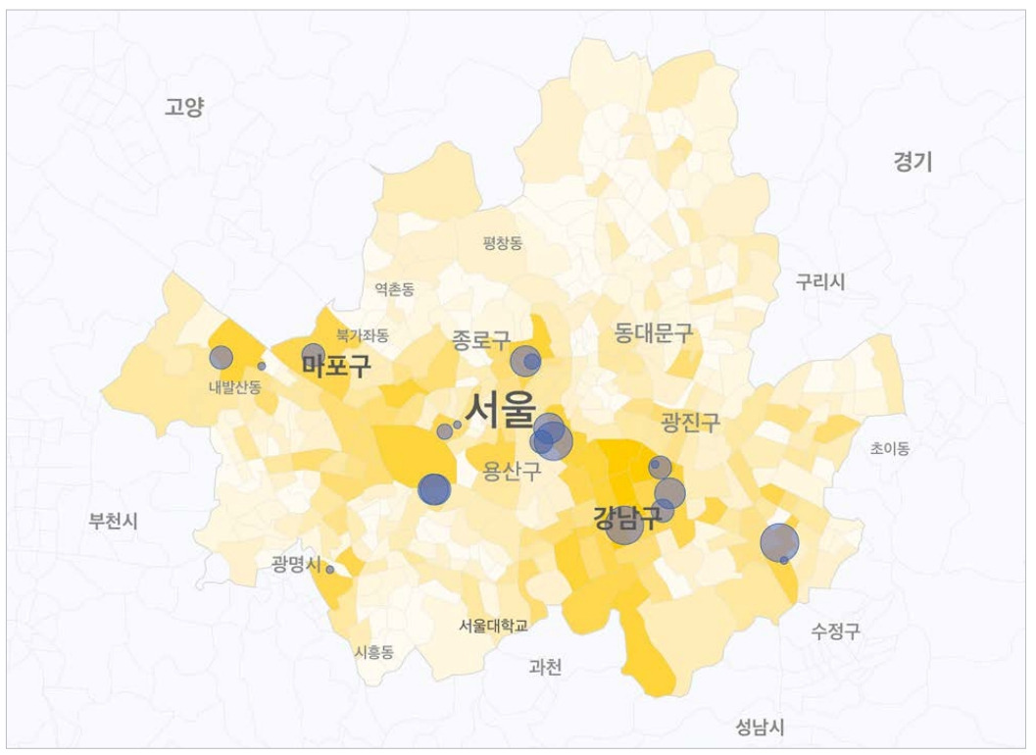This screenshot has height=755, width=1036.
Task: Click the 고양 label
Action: click(184, 107)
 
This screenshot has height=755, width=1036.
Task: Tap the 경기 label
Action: click(913, 162)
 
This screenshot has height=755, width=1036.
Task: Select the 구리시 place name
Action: click(820, 281)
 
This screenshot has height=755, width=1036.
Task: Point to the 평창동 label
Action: click(503, 243)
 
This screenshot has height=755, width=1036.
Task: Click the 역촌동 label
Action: click(394, 289)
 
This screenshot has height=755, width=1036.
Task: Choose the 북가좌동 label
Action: click(363, 334)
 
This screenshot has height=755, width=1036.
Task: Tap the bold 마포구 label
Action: click(336, 367)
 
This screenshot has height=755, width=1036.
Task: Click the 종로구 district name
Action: click(480, 340)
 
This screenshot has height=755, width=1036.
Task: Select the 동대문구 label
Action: click(654, 332)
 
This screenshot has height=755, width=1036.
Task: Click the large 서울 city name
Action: click(501, 409)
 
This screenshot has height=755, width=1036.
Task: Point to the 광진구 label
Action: click(690, 423)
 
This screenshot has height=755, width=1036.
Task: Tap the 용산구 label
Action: click(512, 473)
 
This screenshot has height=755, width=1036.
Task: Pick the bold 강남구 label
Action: click(627, 517)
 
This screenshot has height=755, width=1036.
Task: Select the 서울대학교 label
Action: click(493, 625)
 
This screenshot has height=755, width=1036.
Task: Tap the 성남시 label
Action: click(760, 727)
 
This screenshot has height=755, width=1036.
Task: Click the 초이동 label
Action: click(890, 448)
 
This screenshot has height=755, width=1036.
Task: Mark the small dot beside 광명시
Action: click(330, 569)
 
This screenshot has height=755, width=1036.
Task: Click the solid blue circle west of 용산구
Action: click(434, 489)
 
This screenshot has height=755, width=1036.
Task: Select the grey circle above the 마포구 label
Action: click(313, 355)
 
